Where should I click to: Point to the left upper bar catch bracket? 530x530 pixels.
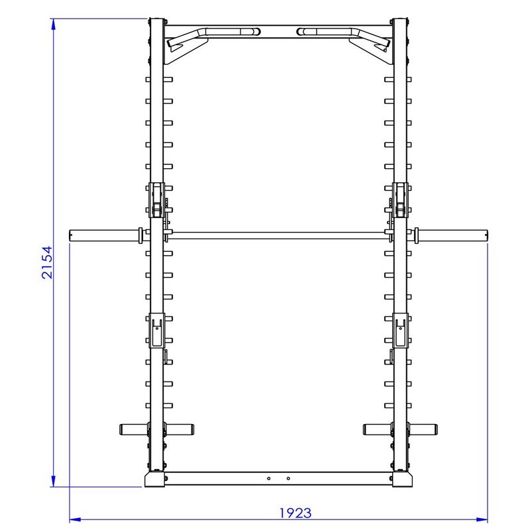(156, 200)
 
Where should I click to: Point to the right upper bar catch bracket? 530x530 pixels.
(401, 200)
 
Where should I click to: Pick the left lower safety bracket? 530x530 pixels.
(156, 330)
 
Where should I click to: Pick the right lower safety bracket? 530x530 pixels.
(401, 330)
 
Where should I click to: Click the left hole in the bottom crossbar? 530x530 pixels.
(268, 478)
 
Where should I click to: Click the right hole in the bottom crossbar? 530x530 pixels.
(288, 478)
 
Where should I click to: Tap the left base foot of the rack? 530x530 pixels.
(156, 479)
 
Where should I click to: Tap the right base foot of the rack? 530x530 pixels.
(401, 479)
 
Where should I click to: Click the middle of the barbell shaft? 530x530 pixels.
(278, 234)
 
